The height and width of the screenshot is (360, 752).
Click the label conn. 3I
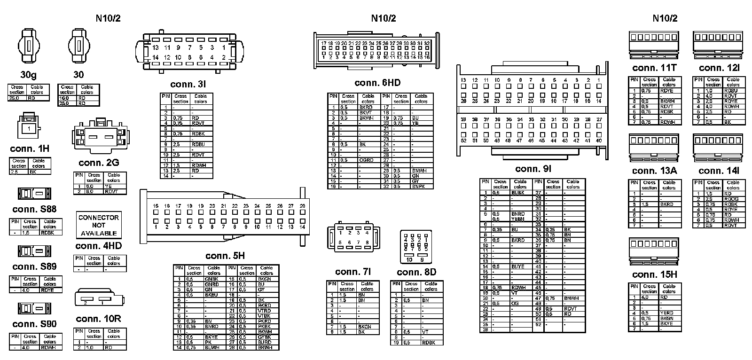(188, 85)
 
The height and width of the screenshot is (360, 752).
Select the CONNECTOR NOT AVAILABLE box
(99, 225)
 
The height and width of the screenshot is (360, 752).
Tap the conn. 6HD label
(377, 83)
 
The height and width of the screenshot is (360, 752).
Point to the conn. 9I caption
(533, 169)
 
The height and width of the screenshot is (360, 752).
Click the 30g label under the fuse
(29, 75)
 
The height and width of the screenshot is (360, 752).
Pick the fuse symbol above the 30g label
(28, 47)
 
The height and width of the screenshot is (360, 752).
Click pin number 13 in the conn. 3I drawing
(156, 47)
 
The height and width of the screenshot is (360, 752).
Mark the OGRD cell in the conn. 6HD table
(367, 160)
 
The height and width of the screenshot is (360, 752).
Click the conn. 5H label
(225, 256)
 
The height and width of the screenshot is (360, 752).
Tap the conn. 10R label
(98, 319)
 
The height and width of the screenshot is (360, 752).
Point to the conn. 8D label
(416, 273)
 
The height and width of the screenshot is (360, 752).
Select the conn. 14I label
(719, 171)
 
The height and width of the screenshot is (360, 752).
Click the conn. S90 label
(34, 324)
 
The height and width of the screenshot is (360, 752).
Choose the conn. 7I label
(353, 272)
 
